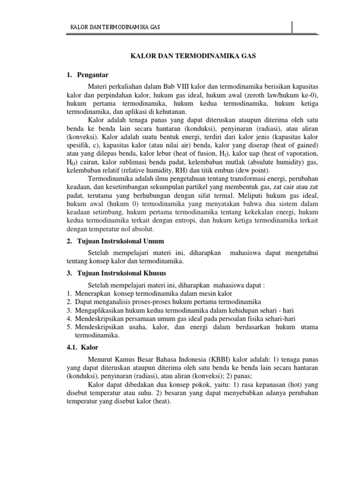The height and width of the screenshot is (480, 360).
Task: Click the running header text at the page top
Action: click(115, 28)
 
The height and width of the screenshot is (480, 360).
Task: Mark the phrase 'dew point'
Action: click(224, 171)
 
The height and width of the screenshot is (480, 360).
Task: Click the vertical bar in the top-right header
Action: click(292, 28)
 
